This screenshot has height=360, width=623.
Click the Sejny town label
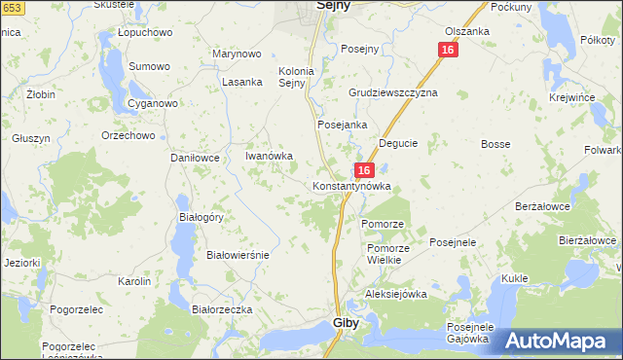[x=334, y=6]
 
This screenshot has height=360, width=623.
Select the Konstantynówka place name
[x=351, y=185]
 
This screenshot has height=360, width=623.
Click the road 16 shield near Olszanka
[x=447, y=50]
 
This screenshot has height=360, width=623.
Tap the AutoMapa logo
[x=562, y=342]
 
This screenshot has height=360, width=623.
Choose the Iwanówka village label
[x=269, y=156]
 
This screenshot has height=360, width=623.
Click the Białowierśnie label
[x=238, y=254]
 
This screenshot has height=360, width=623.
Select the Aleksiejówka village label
[x=396, y=294]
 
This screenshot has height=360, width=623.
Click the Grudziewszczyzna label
[x=393, y=92]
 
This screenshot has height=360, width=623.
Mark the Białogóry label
[x=202, y=217]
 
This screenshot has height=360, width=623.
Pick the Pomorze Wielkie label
[x=387, y=255]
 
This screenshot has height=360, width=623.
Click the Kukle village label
[x=514, y=278]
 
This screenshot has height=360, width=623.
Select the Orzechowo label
[x=128, y=135]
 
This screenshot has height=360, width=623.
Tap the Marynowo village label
[x=238, y=54]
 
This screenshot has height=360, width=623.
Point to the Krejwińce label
[x=571, y=99]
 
